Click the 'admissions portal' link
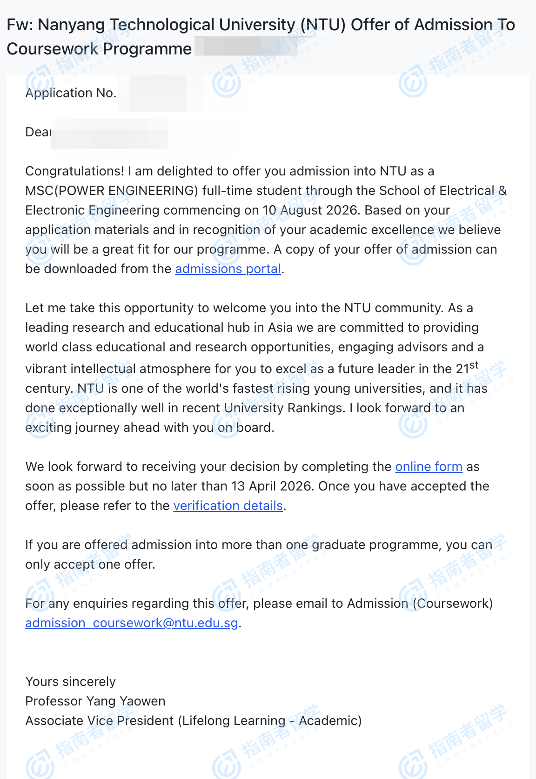coord(228,269)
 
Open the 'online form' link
coord(429,467)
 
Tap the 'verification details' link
coord(228,506)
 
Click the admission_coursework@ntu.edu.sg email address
coord(131,623)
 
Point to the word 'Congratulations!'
coord(74,171)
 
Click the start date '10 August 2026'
coord(311,210)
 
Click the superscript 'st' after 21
coord(474,365)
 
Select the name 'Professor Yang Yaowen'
coord(95,701)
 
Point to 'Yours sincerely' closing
coord(70,682)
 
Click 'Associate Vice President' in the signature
coord(100,721)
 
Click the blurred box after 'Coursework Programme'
coord(246,47)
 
